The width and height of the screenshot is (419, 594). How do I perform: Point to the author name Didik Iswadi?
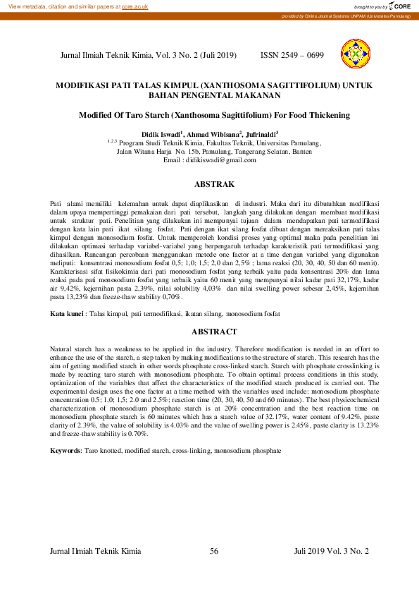159,133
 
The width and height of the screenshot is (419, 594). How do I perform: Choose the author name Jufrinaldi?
261,133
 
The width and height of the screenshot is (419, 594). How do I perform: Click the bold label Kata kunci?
67,313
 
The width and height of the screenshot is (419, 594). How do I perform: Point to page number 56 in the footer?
215,551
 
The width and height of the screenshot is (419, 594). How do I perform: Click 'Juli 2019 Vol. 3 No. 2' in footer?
331,551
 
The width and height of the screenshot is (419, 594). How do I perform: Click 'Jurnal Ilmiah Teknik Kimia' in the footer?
96,551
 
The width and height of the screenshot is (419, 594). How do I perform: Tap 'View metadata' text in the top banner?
23,6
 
